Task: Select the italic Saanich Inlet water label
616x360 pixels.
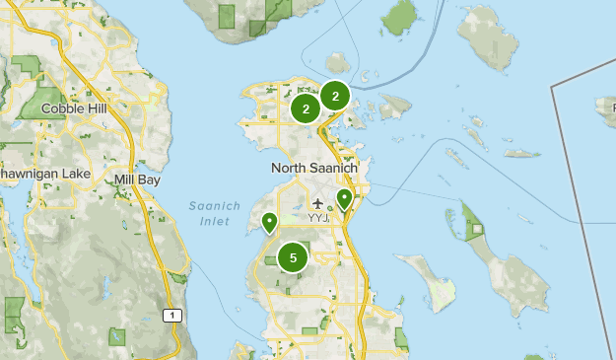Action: [x=208, y=213]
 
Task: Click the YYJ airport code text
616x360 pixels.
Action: [x=318, y=217]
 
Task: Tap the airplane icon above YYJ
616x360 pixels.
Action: [x=317, y=204]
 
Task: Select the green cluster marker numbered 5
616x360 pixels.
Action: [x=293, y=257]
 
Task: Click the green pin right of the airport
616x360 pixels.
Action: [x=344, y=199]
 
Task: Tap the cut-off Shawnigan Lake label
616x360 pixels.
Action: [x=44, y=174]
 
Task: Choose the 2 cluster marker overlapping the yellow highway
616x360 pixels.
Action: [x=335, y=96]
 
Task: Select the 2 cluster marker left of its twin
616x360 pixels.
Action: [x=306, y=109]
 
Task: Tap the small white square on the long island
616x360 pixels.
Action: [x=477, y=230]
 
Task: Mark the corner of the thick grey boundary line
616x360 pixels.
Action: [x=553, y=88]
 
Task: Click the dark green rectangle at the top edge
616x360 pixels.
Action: [x=228, y=16]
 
